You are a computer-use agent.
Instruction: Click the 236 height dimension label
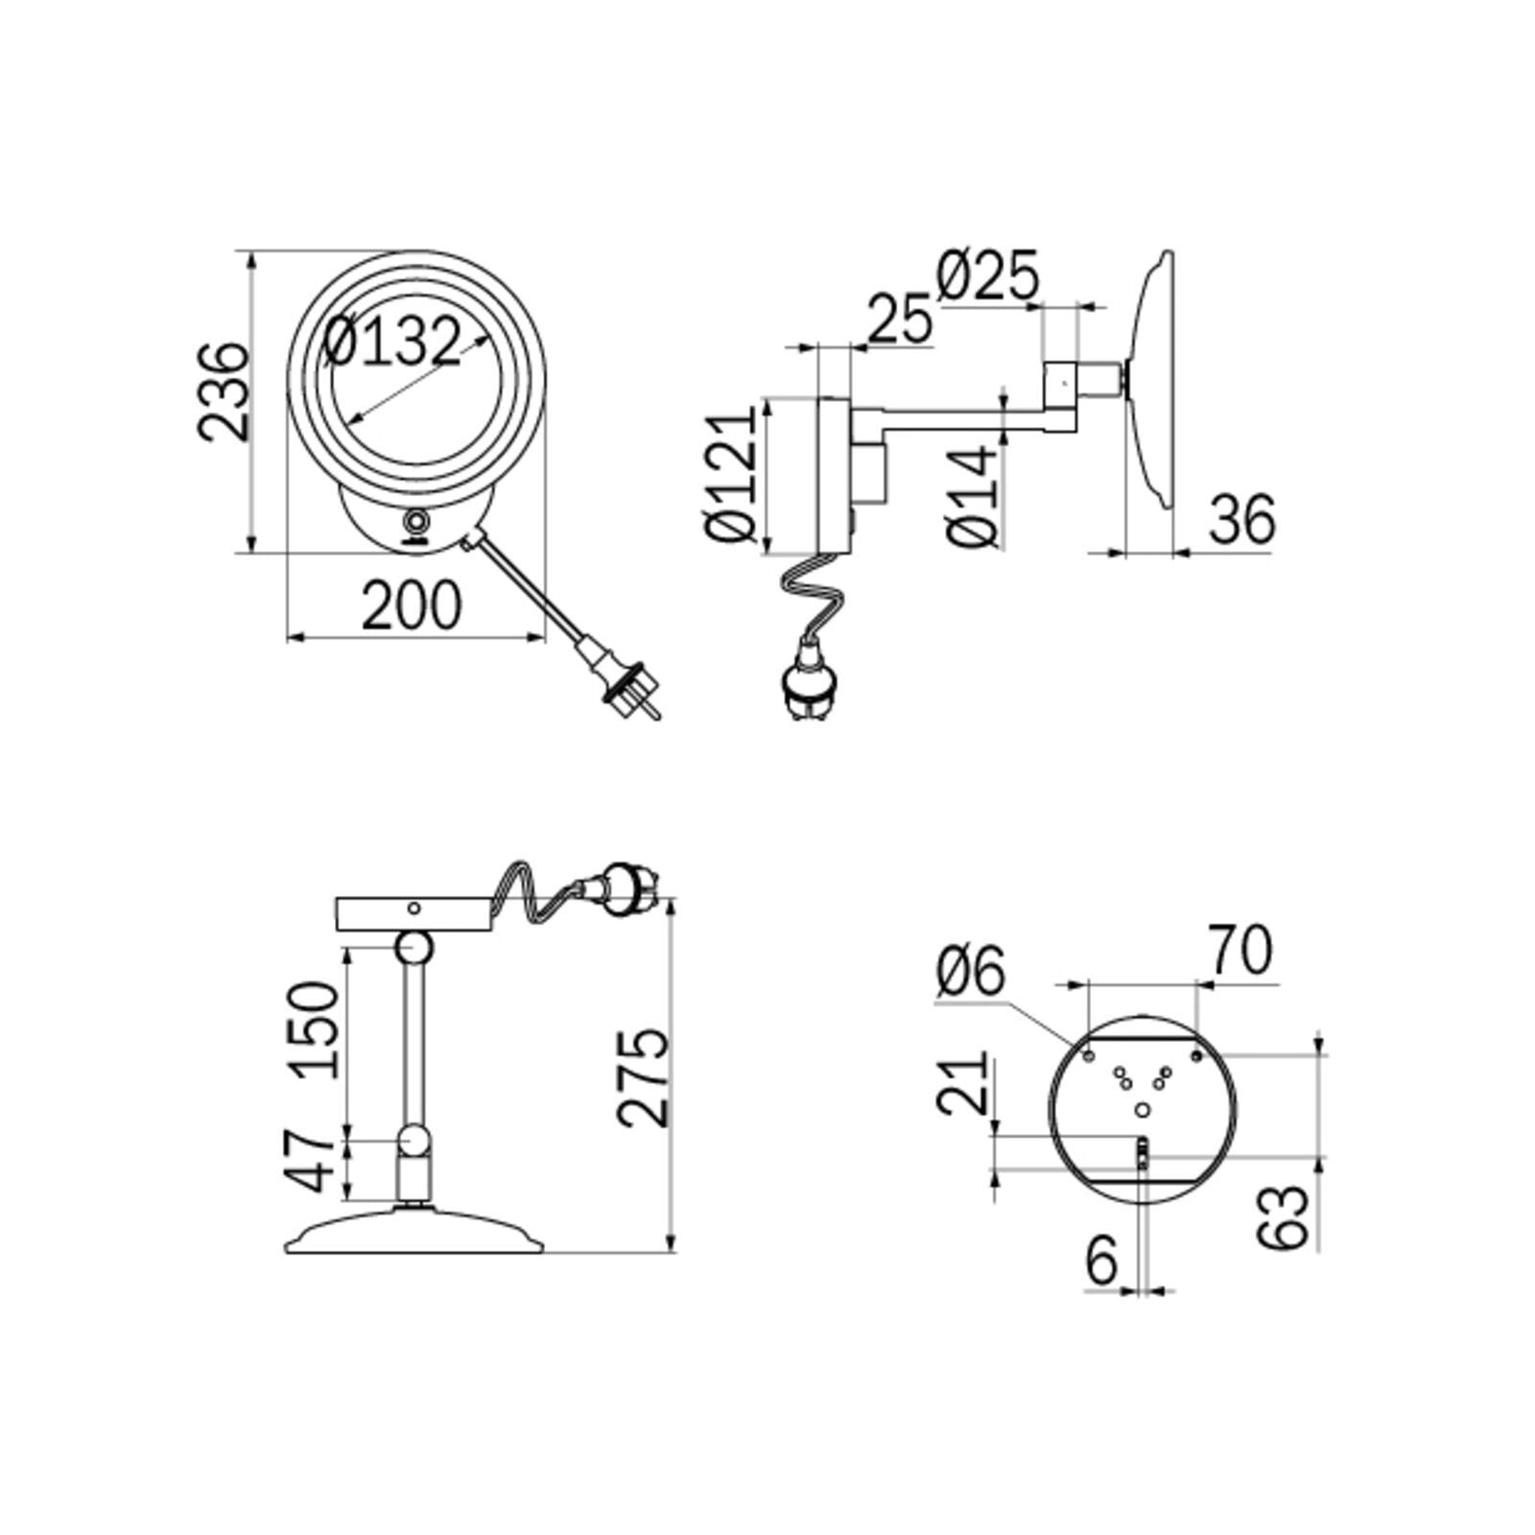point(224,390)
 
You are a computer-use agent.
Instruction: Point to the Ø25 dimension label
point(987,276)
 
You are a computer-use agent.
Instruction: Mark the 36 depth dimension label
point(1241,520)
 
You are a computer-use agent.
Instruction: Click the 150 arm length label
point(317,1029)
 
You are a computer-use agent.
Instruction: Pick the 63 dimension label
point(1283,1216)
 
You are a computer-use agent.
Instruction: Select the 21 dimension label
point(962,1081)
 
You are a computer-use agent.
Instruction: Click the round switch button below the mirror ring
point(417,523)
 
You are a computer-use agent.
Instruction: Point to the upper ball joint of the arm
point(413,947)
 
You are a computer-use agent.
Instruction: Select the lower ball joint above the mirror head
point(413,1141)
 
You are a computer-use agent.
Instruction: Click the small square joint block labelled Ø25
point(1062,381)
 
